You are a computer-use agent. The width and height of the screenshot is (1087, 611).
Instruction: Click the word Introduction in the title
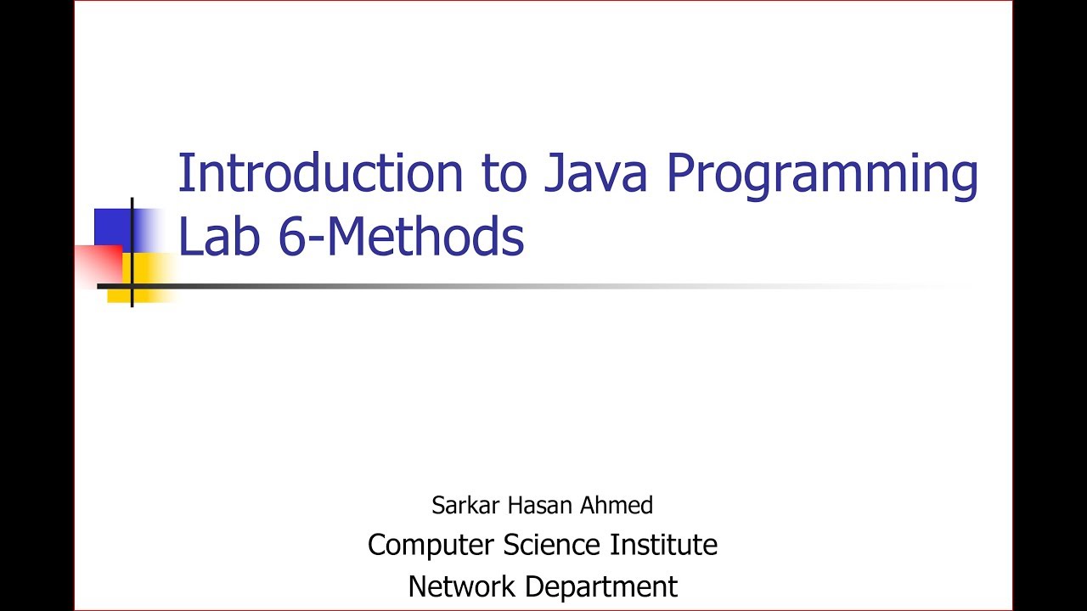point(320,173)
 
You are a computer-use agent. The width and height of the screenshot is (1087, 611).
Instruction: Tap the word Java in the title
point(592,173)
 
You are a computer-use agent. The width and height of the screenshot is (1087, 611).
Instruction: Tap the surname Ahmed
point(617,506)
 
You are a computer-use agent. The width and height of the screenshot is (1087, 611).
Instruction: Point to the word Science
point(553,545)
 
